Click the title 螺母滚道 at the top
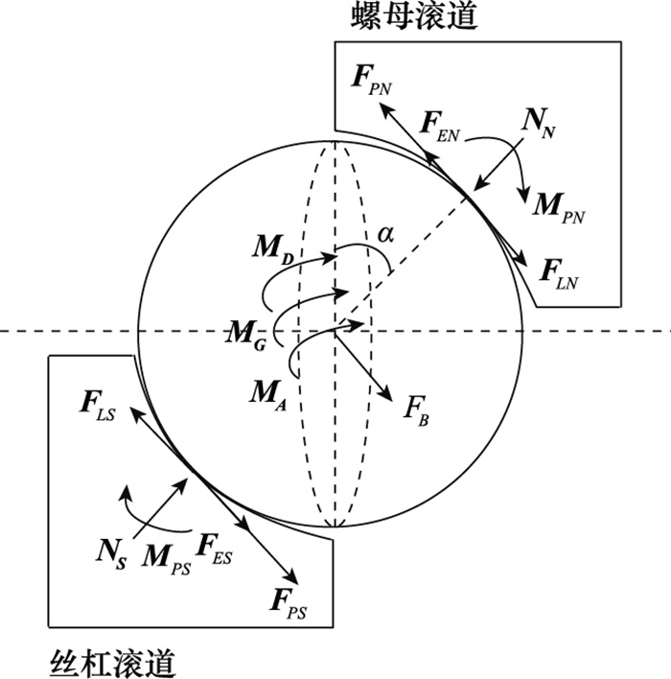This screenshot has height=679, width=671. (x=414, y=16)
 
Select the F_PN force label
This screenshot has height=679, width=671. (x=372, y=80)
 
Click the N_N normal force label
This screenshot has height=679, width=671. (x=539, y=124)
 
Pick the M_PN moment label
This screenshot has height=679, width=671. (x=559, y=208)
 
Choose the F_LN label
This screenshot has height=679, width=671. (x=559, y=274)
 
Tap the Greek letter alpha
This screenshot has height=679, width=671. (x=385, y=235)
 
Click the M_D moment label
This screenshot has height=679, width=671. (x=273, y=250)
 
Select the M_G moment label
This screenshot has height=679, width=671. (x=246, y=338)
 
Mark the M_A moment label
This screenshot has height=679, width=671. (x=267, y=396)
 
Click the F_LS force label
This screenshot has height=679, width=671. (x=98, y=406)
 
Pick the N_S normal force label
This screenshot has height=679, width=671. (x=112, y=555)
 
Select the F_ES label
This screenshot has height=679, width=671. (x=214, y=550)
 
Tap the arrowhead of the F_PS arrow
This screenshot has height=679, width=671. (x=298, y=583)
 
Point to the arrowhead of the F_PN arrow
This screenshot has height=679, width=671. (x=380, y=103)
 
